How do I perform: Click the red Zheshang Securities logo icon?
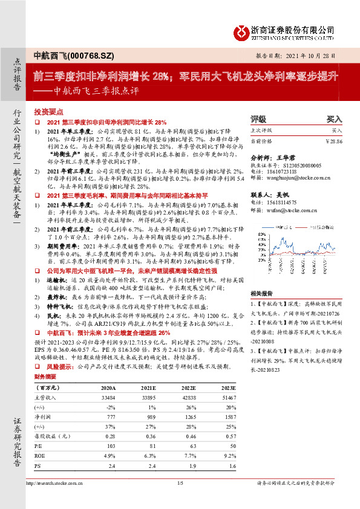tap(242, 30)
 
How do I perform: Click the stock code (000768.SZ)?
tap(81, 54)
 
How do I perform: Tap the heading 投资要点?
tap(48, 112)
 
